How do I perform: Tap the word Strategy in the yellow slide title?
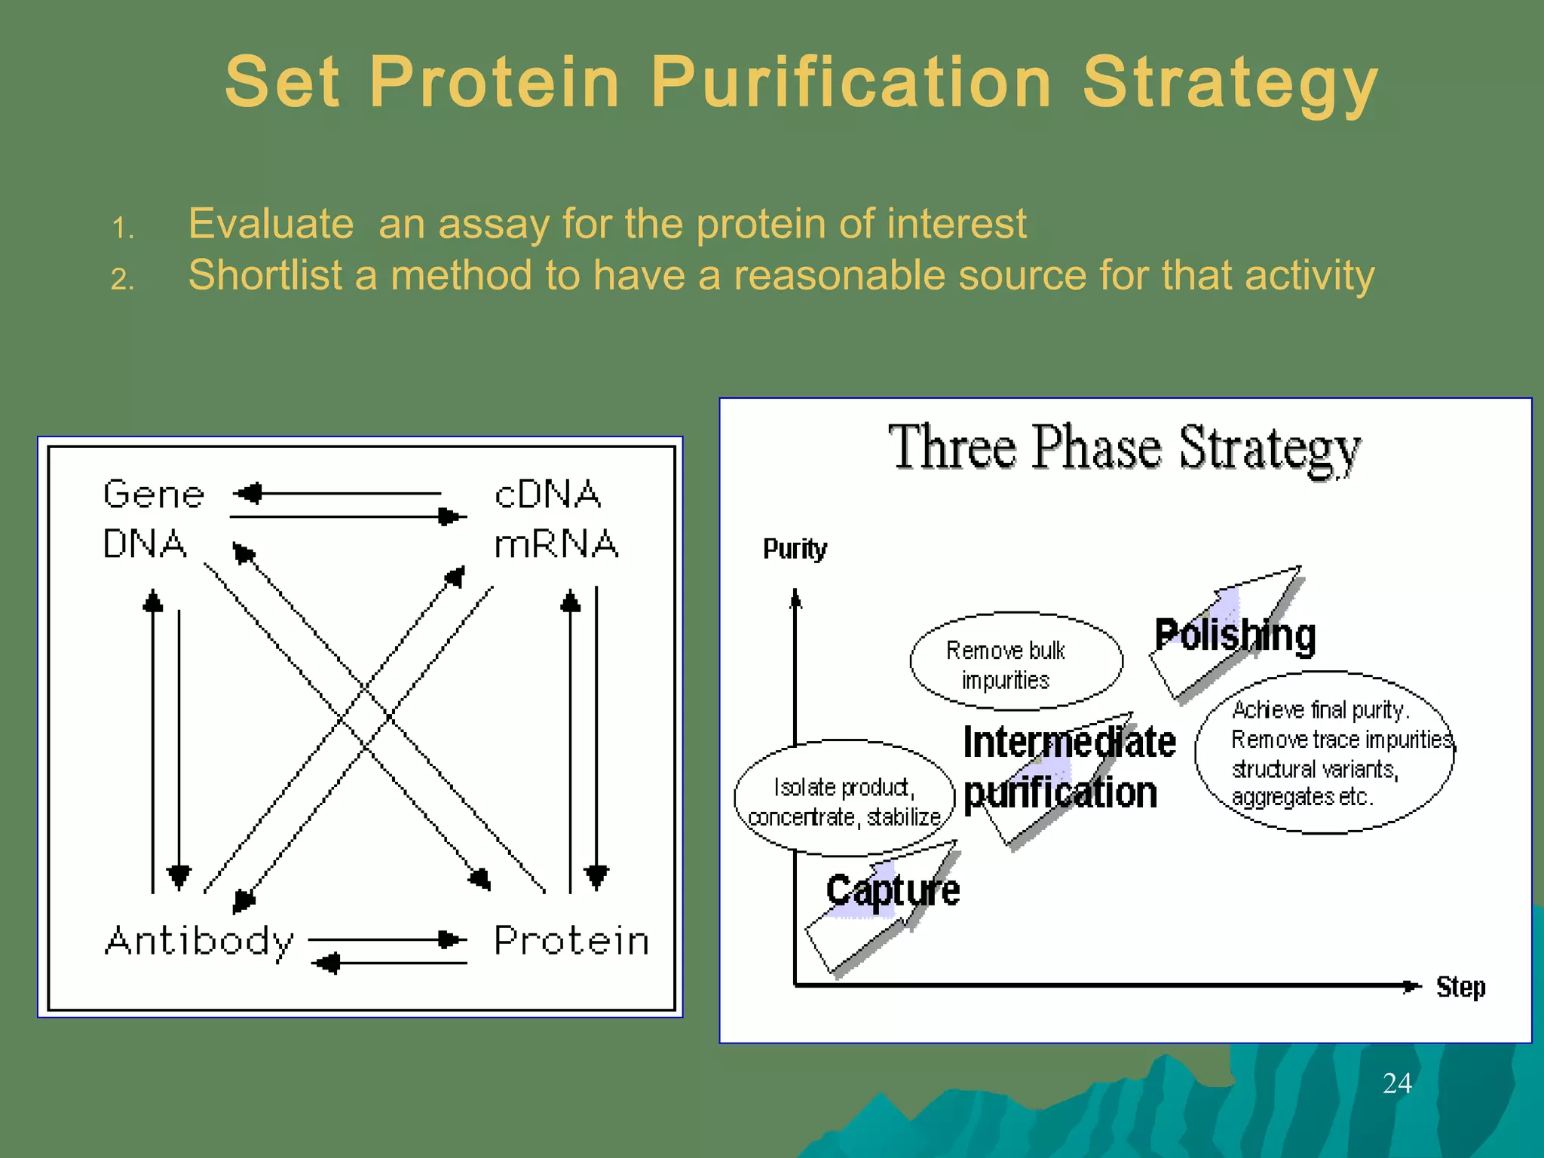1230,83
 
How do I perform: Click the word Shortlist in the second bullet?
265,274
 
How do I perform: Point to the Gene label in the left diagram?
154,495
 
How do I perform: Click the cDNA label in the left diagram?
547,495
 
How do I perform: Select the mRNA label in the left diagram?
556,544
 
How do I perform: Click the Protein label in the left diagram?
571,941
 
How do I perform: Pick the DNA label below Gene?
145,544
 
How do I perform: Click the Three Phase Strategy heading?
1124,448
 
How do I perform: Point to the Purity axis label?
795,549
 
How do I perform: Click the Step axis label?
1460,987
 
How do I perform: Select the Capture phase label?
893,890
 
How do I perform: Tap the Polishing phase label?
1235,635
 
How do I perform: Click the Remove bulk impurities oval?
1016,662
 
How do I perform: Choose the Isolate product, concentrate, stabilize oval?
844,799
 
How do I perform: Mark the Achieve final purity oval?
1325,753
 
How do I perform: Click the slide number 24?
1397,1083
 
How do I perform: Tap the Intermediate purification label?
1068,767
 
